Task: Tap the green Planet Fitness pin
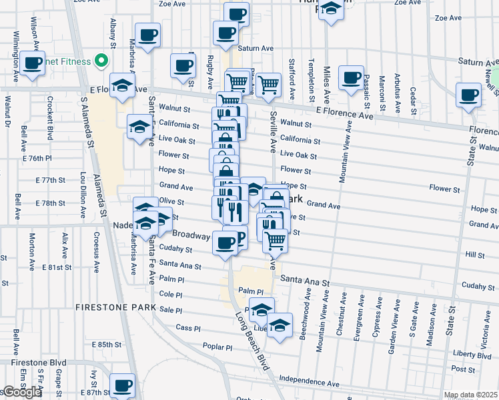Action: click(102, 62)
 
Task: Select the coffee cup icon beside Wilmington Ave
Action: click(32, 63)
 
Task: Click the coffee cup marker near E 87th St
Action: click(122, 385)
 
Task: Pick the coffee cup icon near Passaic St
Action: click(351, 77)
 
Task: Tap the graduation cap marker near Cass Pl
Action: click(280, 325)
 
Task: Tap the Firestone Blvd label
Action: click(29, 362)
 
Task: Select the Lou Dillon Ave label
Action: click(83, 192)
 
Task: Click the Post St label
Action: click(458, 368)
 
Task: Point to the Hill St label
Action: click(474, 255)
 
